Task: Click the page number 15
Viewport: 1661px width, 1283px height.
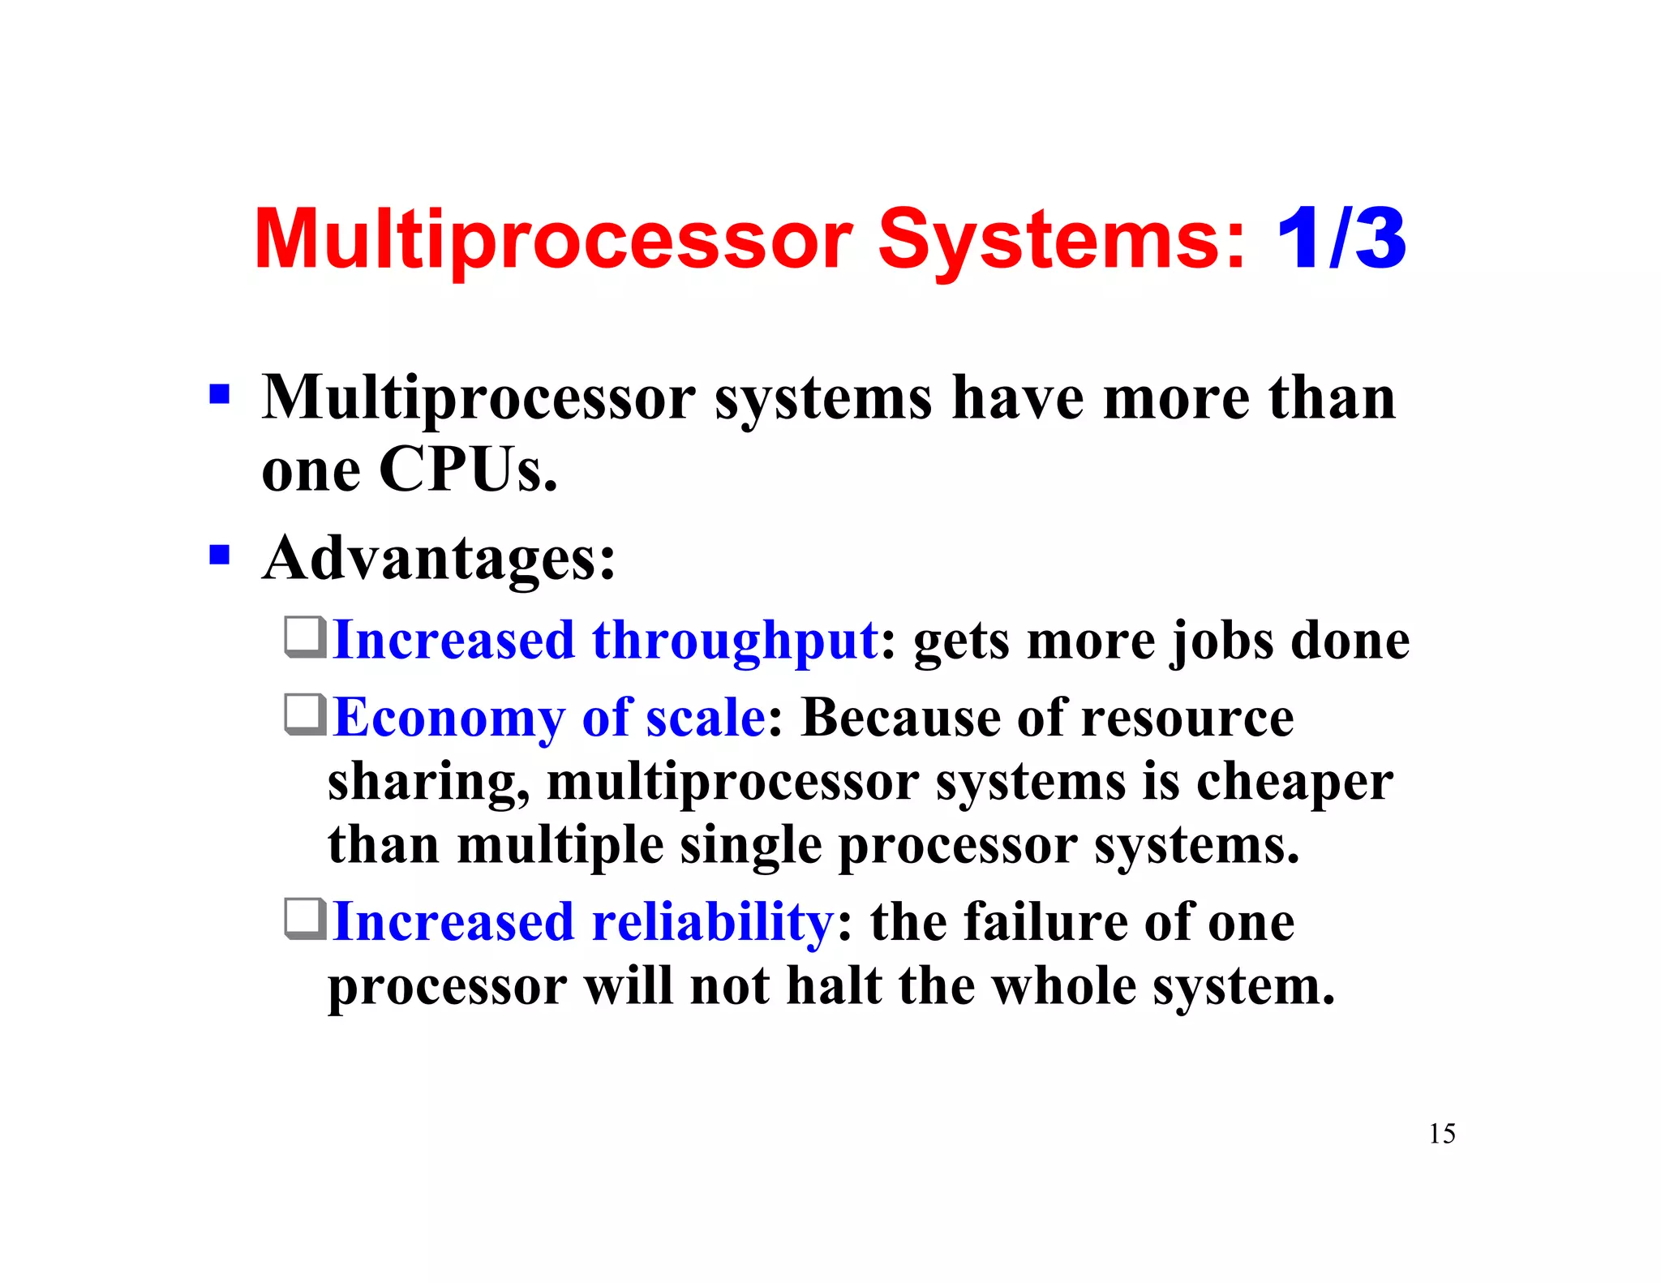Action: (1442, 1133)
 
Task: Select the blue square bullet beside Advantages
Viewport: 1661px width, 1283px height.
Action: (219, 555)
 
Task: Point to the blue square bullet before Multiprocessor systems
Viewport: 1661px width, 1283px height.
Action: (219, 395)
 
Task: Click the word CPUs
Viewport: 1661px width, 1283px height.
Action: (468, 470)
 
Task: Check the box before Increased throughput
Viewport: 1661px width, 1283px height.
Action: (306, 637)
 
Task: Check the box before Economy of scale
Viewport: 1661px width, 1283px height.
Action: (306, 714)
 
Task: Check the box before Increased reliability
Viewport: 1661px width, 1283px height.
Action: (306, 919)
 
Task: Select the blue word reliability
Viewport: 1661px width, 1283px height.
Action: (712, 923)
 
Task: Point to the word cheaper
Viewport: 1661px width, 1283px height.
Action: (1294, 783)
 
